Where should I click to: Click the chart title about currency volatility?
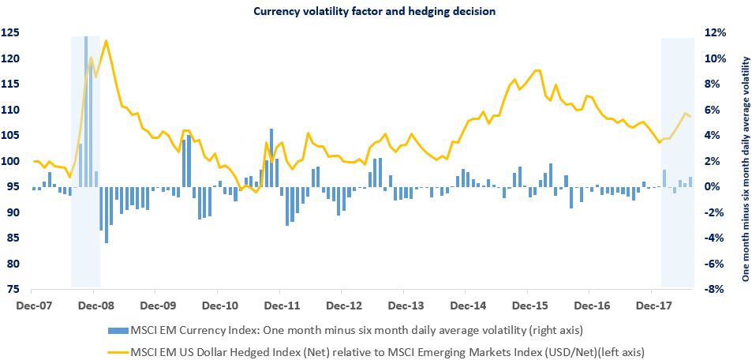(x=376, y=11)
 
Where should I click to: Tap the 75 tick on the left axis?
(x=13, y=290)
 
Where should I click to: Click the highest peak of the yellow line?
(x=106, y=40)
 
